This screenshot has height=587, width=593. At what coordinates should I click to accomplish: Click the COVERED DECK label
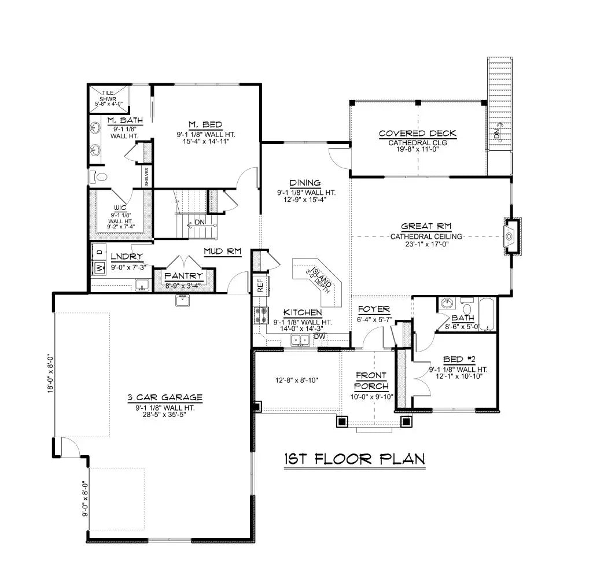point(418,134)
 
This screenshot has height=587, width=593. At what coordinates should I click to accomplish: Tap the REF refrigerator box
point(260,285)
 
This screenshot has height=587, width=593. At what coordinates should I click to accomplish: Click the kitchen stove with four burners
point(260,315)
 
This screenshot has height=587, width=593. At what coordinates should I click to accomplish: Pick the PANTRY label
point(183,276)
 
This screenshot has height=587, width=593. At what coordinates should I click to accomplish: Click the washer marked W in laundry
point(98,268)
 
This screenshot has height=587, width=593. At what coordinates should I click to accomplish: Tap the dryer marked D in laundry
point(98,252)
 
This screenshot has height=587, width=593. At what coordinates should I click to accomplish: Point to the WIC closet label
point(120,206)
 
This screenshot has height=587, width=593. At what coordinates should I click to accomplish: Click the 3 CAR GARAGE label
point(165,397)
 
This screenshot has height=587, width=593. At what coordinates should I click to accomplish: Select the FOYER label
point(374,309)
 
